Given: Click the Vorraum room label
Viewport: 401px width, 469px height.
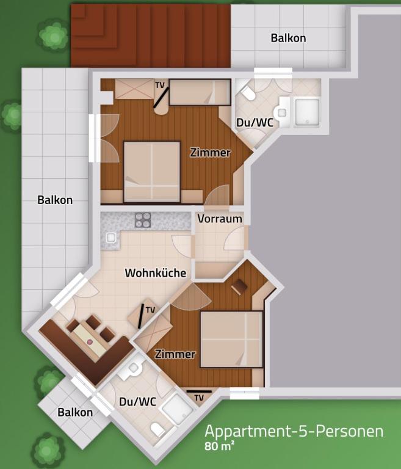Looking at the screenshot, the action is pyautogui.click(x=220, y=219).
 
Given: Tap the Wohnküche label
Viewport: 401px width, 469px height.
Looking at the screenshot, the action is pyautogui.click(x=156, y=273).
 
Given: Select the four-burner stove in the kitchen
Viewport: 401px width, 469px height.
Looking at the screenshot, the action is pyautogui.click(x=143, y=220).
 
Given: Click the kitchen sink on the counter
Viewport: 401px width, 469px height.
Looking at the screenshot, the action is pyautogui.click(x=111, y=238).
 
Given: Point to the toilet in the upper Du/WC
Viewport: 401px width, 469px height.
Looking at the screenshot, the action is pyautogui.click(x=248, y=93).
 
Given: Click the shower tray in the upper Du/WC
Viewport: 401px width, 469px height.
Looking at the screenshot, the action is pyautogui.click(x=307, y=112).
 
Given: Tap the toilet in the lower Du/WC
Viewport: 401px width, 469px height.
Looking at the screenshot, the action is pyautogui.click(x=157, y=430).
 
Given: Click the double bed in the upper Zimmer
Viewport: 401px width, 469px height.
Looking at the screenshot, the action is pyautogui.click(x=152, y=172).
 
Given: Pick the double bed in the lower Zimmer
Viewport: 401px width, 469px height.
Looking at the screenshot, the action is pyautogui.click(x=231, y=339).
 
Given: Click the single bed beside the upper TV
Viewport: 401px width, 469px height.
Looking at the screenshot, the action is pyautogui.click(x=200, y=92).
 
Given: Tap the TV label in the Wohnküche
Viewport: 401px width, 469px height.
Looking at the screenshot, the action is pyautogui.click(x=150, y=310).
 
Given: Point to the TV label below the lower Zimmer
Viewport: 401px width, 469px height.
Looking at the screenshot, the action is pyautogui.click(x=199, y=398).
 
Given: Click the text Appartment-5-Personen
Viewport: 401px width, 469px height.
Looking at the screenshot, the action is pyautogui.click(x=294, y=431).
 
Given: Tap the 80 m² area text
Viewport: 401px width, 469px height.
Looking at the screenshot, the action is pyautogui.click(x=219, y=446).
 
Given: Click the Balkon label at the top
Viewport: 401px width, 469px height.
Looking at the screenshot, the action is pyautogui.click(x=288, y=38).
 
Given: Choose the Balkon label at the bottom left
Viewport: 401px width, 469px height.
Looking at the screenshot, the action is pyautogui.click(x=75, y=412).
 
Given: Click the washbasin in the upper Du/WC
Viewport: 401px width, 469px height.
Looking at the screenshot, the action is pyautogui.click(x=282, y=113).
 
